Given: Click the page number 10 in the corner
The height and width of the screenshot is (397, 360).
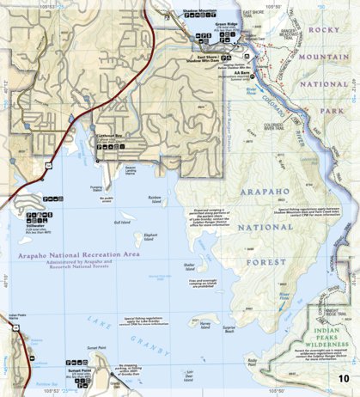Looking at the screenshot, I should point(344,379).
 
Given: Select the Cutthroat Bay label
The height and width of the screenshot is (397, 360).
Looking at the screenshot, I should point(110,137).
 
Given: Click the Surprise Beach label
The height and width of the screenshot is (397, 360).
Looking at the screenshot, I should point(229,329).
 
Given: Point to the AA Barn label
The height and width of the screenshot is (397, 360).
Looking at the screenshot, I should point(242,73).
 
